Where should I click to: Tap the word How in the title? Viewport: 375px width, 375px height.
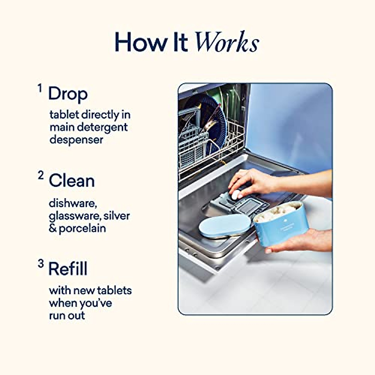[x=141, y=42]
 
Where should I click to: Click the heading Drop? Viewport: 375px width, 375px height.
[x=68, y=94]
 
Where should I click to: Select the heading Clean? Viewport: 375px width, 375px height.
[x=72, y=181]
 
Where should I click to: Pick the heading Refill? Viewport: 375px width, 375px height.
[x=67, y=269]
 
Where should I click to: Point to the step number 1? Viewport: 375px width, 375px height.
[x=40, y=88]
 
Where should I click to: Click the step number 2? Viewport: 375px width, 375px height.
[x=41, y=176]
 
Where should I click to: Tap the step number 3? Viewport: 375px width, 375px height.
[x=41, y=263]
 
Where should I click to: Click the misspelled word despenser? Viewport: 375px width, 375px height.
[x=76, y=139]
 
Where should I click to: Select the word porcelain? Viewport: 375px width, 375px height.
[x=82, y=228]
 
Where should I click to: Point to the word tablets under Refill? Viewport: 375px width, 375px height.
[x=114, y=290]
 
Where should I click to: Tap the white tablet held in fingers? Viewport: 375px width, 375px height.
[x=235, y=195]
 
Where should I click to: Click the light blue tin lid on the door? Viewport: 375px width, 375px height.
[x=225, y=225]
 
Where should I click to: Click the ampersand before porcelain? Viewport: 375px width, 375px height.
[x=52, y=228]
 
